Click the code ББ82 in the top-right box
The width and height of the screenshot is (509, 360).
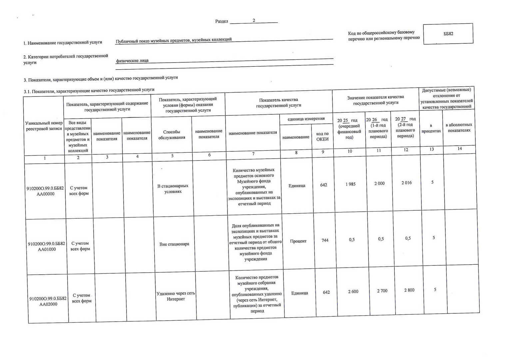[448, 34]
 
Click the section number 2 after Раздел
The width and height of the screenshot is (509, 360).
[254, 21]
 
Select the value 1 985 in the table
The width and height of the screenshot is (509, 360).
[350, 184]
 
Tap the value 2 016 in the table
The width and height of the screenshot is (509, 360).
[406, 183]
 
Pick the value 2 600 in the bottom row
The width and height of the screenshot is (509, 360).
[353, 292]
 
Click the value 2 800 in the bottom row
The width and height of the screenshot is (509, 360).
[409, 290]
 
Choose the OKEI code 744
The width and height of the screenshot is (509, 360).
[325, 240]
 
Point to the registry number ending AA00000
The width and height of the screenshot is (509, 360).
[45, 191]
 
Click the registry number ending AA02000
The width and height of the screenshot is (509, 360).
[48, 301]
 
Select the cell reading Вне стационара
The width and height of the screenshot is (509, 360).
[174, 244]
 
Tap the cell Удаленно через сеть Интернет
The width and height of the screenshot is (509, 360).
[176, 296]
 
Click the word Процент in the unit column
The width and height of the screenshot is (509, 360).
[298, 241]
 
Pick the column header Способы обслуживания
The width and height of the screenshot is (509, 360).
[172, 135]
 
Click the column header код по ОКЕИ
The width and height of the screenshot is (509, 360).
[322, 136]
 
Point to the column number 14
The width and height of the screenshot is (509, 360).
[459, 149]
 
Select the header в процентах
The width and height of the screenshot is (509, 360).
[431, 128]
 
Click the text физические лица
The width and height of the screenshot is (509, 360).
[132, 61]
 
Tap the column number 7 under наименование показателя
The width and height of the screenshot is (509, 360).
[253, 154]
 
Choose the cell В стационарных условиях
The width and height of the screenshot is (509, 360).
[173, 189]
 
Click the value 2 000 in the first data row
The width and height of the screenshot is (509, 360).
[379, 183]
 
